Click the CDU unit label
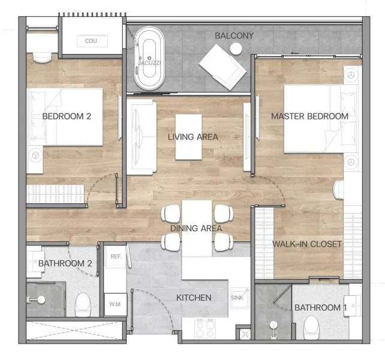click(91, 41)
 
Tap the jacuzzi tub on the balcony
click(149, 58)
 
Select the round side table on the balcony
click(236, 49)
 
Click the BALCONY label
click(234, 35)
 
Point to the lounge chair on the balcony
click(222, 67)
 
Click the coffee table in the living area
click(188, 137)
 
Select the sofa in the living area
click(142, 137)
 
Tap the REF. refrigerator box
click(116, 257)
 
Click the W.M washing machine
click(116, 304)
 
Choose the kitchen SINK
click(239, 298)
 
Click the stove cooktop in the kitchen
click(205, 328)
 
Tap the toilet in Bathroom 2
click(83, 304)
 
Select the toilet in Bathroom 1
click(311, 328)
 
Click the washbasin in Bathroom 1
click(353, 305)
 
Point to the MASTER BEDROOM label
click(309, 116)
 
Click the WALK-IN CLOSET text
click(307, 244)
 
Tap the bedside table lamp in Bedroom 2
click(35, 155)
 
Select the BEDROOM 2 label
click(67, 116)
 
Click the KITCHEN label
click(194, 298)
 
